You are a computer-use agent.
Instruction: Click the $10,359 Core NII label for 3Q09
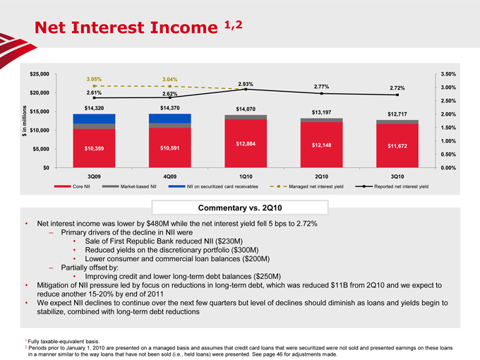point(94,148)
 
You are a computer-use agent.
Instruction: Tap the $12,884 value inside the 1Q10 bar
point(245,144)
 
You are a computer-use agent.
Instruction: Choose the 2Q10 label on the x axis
point(321,176)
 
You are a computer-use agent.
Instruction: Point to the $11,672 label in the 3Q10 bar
point(397,146)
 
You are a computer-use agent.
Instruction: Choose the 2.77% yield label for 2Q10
point(321,85)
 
